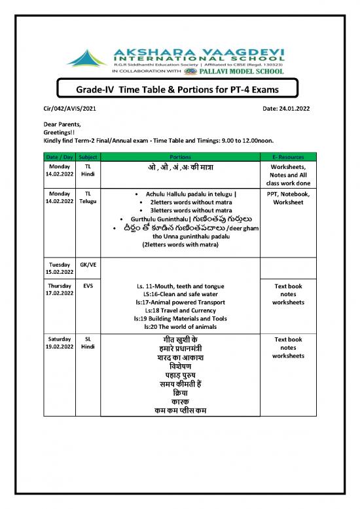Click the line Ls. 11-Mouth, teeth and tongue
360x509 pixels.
coord(180,286)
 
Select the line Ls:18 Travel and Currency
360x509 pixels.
coord(180,311)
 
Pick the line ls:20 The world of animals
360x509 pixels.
coord(180,326)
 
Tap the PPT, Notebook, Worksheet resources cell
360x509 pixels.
coord(288,198)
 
